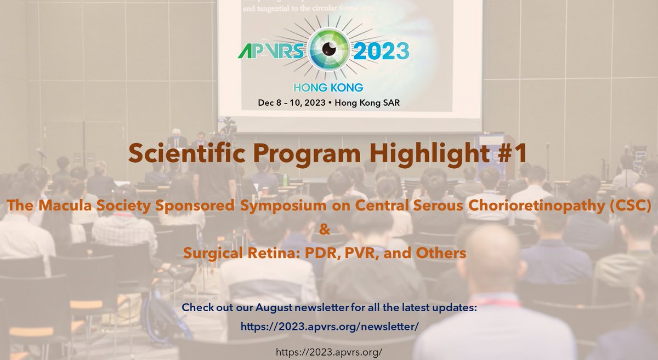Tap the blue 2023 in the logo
point(379,52)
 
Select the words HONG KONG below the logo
point(328,87)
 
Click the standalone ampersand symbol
point(325,229)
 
